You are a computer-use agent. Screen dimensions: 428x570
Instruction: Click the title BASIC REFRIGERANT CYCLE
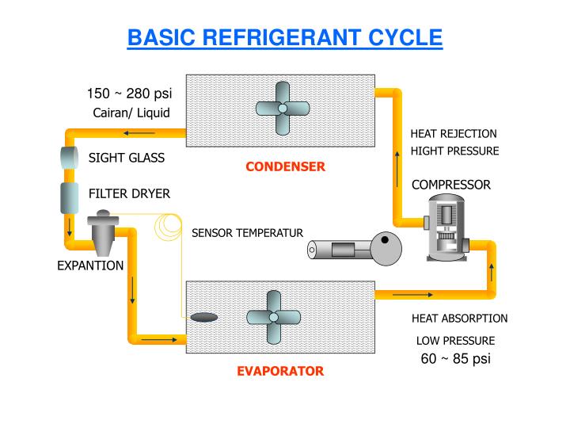click(285, 37)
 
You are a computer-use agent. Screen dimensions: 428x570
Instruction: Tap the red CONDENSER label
click(285, 166)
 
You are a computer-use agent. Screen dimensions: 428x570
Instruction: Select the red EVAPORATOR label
click(280, 371)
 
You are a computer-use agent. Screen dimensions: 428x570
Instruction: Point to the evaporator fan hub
click(273, 316)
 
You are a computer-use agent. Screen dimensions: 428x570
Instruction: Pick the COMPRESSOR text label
click(451, 185)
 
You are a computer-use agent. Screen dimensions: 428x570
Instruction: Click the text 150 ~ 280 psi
click(129, 95)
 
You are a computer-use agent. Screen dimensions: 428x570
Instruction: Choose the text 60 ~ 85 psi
click(455, 358)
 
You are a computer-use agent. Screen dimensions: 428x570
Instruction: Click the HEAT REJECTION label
click(454, 133)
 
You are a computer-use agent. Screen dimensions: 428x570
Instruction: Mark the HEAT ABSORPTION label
click(459, 319)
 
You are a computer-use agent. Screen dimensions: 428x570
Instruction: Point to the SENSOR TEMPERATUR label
click(247, 232)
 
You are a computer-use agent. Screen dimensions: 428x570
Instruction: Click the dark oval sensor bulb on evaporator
click(204, 317)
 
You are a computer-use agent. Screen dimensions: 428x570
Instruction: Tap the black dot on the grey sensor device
click(385, 239)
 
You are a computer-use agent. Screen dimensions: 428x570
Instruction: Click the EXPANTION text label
click(90, 266)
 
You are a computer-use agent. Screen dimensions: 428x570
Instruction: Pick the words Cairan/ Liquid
click(131, 112)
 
